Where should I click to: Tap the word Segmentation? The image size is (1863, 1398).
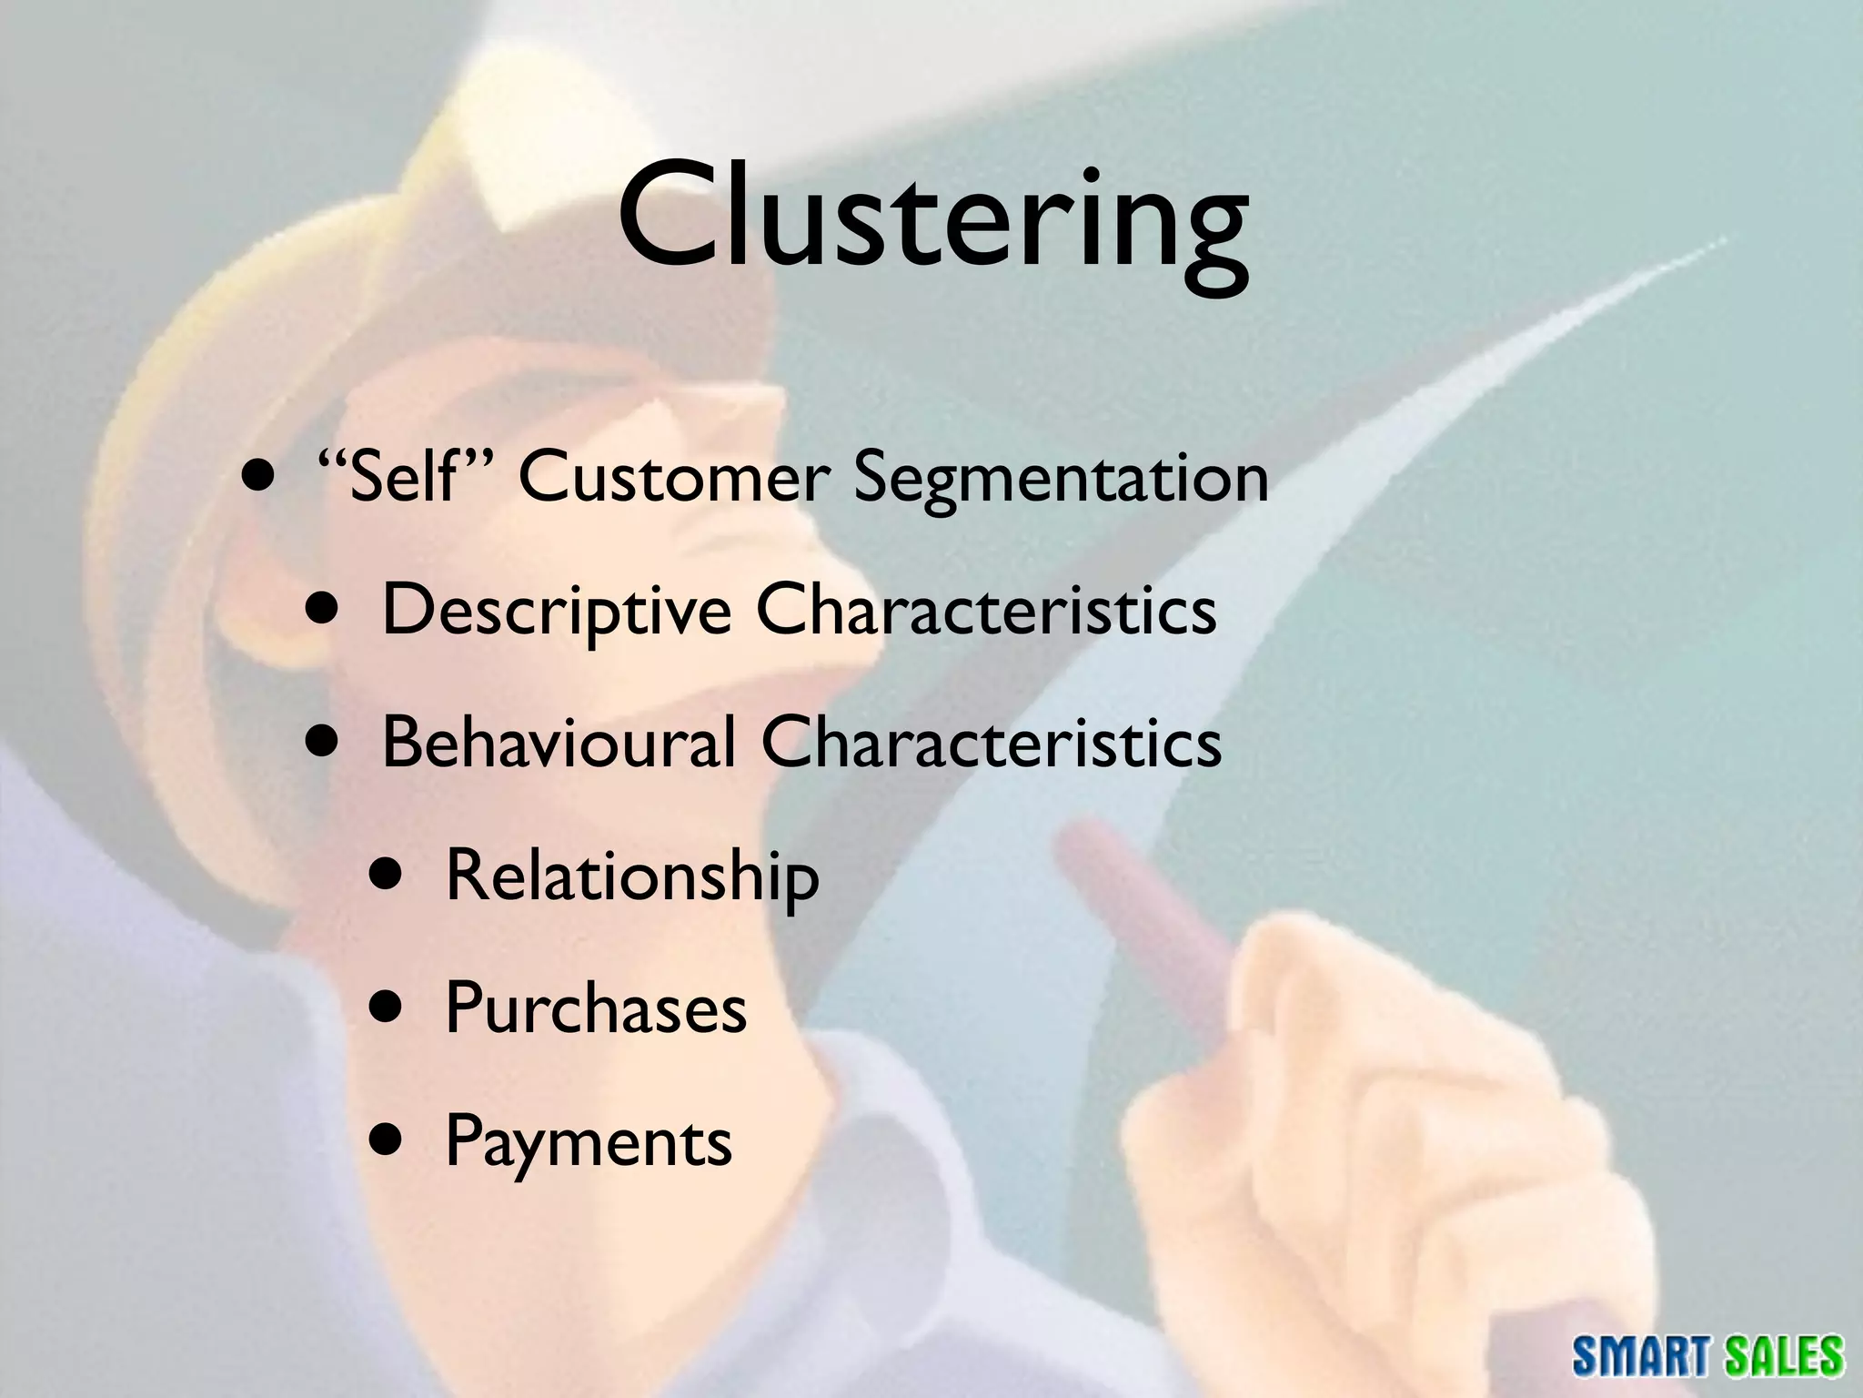[1061, 479]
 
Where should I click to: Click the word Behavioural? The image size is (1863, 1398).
[558, 743]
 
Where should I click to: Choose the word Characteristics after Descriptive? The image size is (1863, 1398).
[986, 610]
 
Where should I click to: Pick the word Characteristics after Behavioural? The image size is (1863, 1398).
[991, 743]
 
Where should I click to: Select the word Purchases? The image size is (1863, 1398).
[596, 1008]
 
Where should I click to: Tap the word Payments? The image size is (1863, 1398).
[589, 1141]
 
